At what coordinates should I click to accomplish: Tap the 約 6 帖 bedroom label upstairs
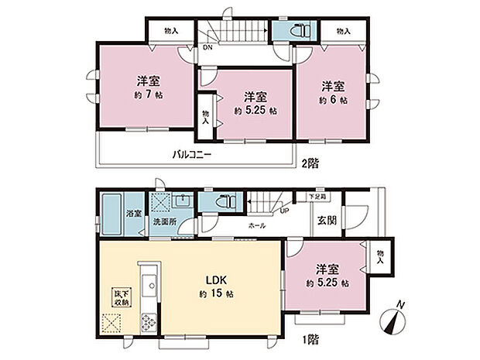pos(334,101)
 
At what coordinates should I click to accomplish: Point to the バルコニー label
pos(193,154)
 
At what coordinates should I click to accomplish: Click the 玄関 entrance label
pos(326,220)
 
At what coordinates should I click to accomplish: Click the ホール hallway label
pos(258,225)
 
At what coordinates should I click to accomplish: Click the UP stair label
pos(284,210)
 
